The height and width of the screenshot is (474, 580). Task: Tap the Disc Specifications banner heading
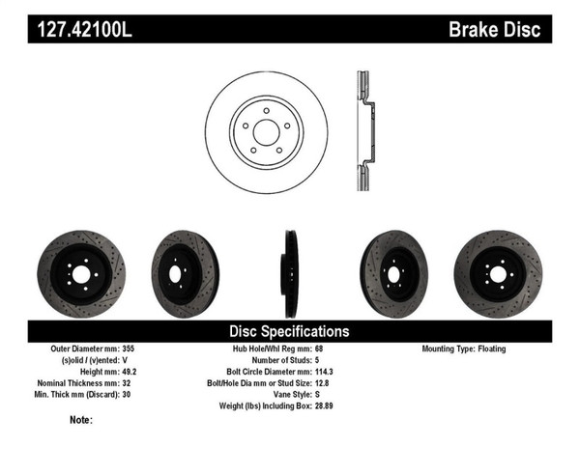290,331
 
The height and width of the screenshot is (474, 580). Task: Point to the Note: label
81,420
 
